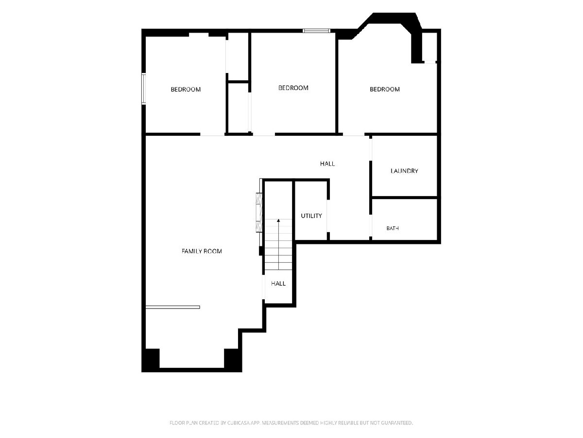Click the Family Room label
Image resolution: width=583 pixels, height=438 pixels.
tap(202, 251)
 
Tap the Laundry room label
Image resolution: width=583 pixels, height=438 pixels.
tap(404, 171)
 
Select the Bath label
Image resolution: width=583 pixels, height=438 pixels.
tap(393, 228)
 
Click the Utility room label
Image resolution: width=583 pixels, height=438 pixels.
tap(311, 216)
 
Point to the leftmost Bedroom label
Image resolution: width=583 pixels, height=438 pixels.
tap(186, 90)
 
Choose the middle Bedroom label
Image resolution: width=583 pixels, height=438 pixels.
tap(293, 88)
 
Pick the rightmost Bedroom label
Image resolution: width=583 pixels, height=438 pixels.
tap(385, 89)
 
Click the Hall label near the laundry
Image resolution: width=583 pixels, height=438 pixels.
tap(327, 164)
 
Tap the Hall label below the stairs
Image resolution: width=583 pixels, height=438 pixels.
tap(278, 284)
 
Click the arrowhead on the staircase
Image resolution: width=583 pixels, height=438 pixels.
tap(278, 220)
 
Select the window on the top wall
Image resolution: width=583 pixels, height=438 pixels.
tap(316, 31)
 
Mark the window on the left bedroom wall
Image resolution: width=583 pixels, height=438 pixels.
tap(144, 89)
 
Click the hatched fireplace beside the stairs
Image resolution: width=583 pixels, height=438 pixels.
tap(259, 213)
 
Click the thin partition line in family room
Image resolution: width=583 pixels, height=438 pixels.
tap(172, 307)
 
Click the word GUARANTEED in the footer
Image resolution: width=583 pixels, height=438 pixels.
tap(397, 423)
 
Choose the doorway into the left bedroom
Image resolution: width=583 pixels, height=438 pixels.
tap(212, 134)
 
